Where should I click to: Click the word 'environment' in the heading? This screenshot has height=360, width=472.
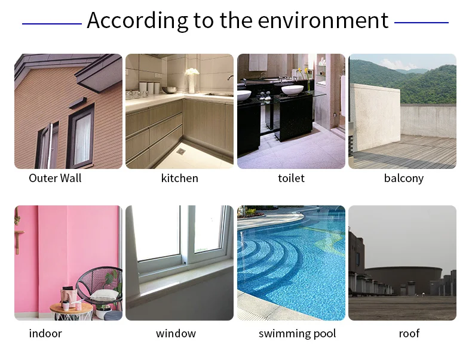(323, 20)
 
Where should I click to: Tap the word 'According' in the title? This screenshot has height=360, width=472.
(137, 20)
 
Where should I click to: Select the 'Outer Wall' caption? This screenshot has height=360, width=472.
(55, 178)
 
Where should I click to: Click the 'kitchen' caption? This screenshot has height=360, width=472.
(179, 178)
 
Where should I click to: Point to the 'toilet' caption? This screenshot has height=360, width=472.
(291, 178)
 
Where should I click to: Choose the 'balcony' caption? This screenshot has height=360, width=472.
(404, 179)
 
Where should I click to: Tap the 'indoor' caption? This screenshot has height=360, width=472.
(45, 333)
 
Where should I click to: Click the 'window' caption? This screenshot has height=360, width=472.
(176, 333)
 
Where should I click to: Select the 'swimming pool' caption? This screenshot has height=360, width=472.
(297, 334)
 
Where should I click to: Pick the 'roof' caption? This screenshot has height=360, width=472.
(409, 334)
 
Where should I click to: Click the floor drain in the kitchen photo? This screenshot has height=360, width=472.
(182, 151)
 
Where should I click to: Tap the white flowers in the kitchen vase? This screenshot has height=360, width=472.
(192, 72)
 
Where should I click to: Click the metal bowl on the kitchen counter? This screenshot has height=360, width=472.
(170, 90)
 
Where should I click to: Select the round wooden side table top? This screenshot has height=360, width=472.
(71, 307)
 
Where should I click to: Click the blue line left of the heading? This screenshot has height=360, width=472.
(52, 23)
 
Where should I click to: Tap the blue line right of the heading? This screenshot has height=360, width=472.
(421, 23)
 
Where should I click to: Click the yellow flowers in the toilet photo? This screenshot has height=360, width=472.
(303, 72)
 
